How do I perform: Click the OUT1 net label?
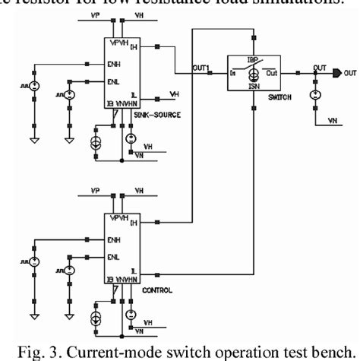click(x=201, y=69)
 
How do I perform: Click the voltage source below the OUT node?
click(x=314, y=96)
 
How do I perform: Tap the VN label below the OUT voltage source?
click(x=332, y=119)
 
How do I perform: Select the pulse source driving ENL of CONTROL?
click(x=69, y=271)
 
